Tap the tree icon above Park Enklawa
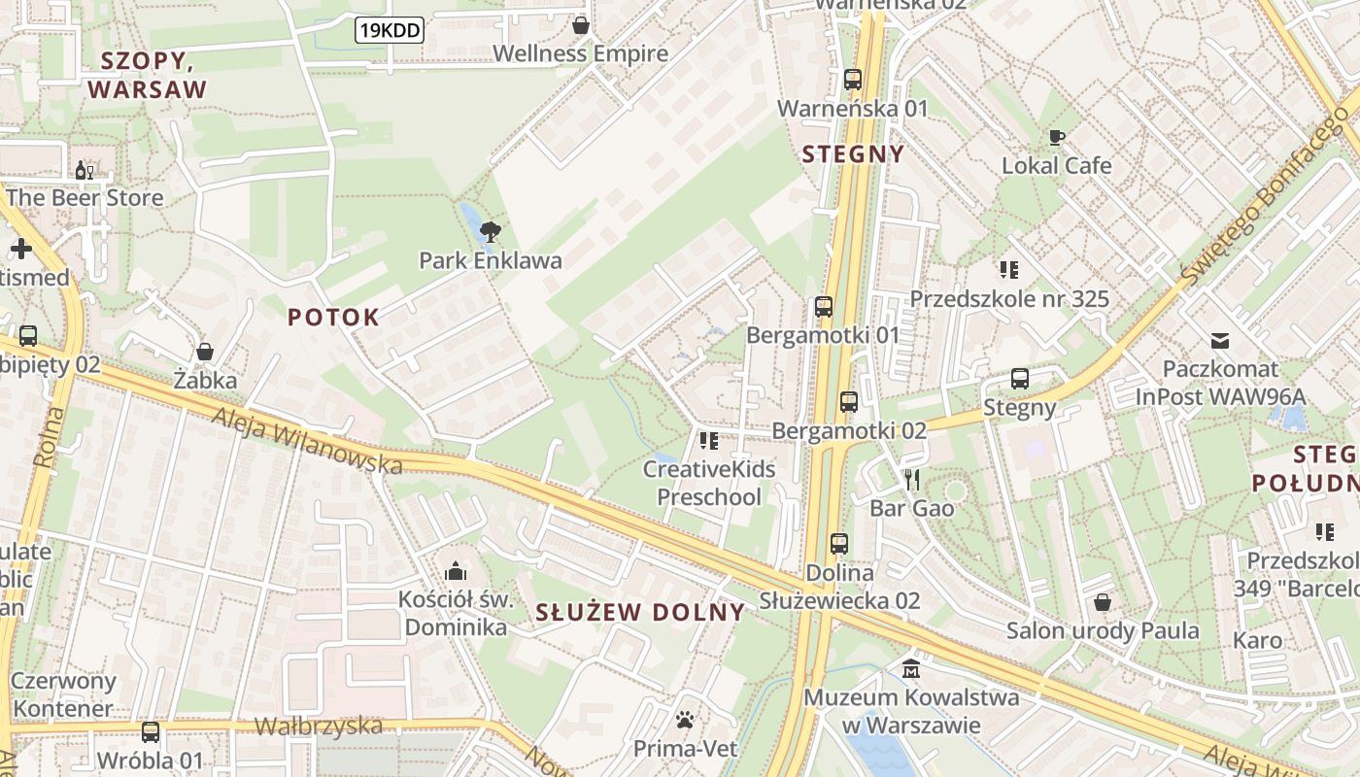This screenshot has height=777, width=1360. (x=491, y=231)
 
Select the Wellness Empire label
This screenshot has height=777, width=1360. (x=581, y=53)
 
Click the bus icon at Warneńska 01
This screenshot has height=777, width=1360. (x=853, y=80)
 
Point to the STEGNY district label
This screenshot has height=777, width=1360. (x=854, y=153)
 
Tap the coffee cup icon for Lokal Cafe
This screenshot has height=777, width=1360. (x=1056, y=137)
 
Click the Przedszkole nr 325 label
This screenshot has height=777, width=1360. (x=1008, y=298)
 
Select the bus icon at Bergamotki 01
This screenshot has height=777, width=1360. (x=824, y=307)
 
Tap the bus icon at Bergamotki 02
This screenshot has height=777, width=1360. (x=849, y=401)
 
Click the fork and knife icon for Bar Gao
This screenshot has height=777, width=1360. (x=911, y=479)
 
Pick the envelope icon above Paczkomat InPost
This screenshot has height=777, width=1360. (x=1220, y=341)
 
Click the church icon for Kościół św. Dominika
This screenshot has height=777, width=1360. (x=456, y=571)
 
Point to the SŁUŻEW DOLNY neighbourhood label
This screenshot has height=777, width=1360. (x=640, y=612)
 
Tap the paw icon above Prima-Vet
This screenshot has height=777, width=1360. (x=685, y=721)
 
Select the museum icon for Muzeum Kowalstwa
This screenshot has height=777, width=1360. (x=911, y=669)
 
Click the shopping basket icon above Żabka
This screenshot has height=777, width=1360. (x=205, y=351)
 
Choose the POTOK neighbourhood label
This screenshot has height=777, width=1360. (x=333, y=317)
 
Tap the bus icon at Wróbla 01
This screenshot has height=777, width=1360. (x=150, y=731)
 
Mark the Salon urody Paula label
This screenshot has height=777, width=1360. (x=1103, y=630)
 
